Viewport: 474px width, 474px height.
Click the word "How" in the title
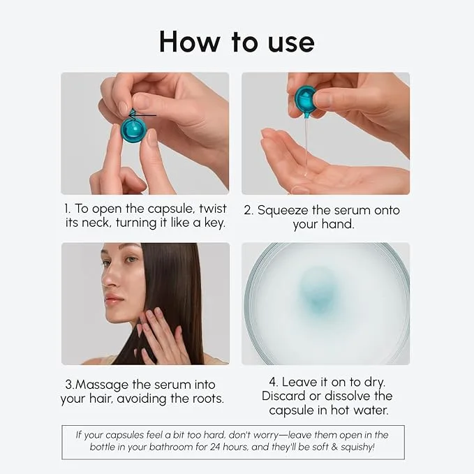coord(190,41)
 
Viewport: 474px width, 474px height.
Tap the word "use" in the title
coord(291,43)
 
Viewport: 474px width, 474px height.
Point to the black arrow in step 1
coord(142,115)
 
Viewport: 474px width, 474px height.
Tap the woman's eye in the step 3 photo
coord(131,260)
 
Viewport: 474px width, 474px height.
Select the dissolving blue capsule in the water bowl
coord(316,291)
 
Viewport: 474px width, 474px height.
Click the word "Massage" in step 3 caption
coord(102,385)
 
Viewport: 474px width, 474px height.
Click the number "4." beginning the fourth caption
coord(274,382)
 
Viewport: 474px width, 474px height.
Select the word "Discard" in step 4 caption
coord(283,396)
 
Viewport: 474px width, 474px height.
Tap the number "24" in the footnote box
coord(215,447)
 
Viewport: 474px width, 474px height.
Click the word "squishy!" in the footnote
coord(357,447)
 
